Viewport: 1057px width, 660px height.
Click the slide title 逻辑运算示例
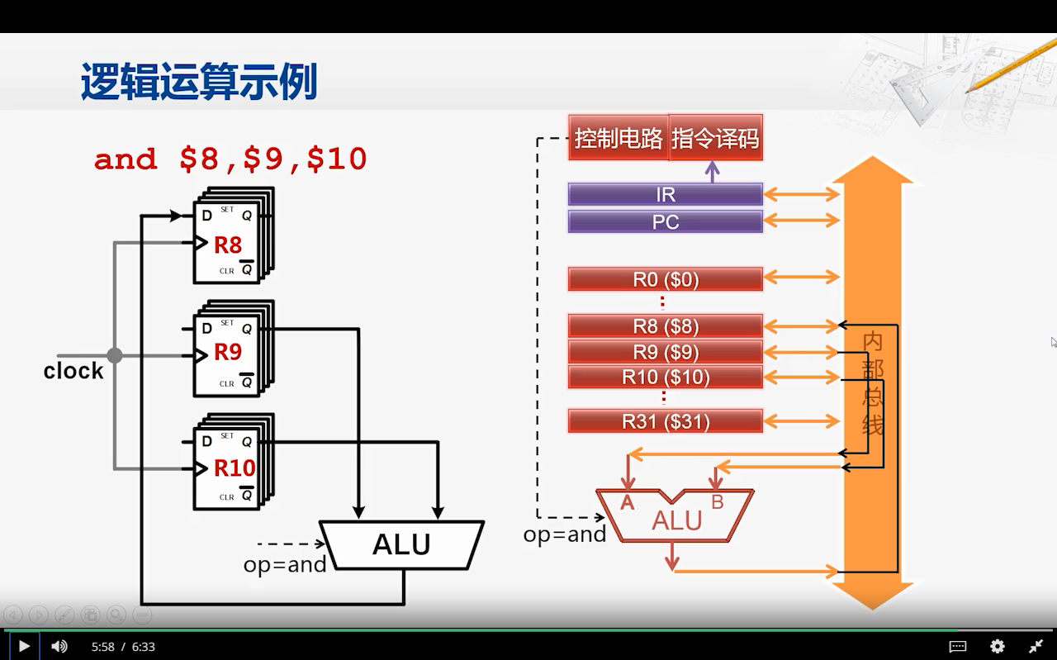[x=199, y=83]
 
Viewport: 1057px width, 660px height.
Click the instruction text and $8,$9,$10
[x=230, y=159]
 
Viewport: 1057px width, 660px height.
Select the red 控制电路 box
[x=619, y=138]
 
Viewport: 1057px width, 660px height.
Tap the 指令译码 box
[x=715, y=138]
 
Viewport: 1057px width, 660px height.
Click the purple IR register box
[x=665, y=195]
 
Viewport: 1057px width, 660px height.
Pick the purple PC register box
[x=665, y=222]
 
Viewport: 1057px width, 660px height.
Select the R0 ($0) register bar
[x=665, y=279]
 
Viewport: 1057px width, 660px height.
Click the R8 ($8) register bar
[x=665, y=326]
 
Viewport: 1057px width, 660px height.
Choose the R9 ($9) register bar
[x=665, y=352]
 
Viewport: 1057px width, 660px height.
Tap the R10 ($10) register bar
[x=665, y=377]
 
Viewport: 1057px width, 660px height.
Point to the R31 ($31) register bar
[x=665, y=421]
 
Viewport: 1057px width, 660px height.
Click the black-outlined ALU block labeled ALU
[x=401, y=544]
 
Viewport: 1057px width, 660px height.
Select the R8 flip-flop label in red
[x=228, y=245]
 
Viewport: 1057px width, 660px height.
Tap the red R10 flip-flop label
[x=235, y=468]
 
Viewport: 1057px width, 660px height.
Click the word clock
[x=73, y=371]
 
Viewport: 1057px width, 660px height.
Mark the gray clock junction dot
[x=115, y=355]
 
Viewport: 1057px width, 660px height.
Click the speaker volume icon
[x=59, y=646]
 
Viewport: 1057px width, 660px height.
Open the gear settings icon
[x=998, y=646]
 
